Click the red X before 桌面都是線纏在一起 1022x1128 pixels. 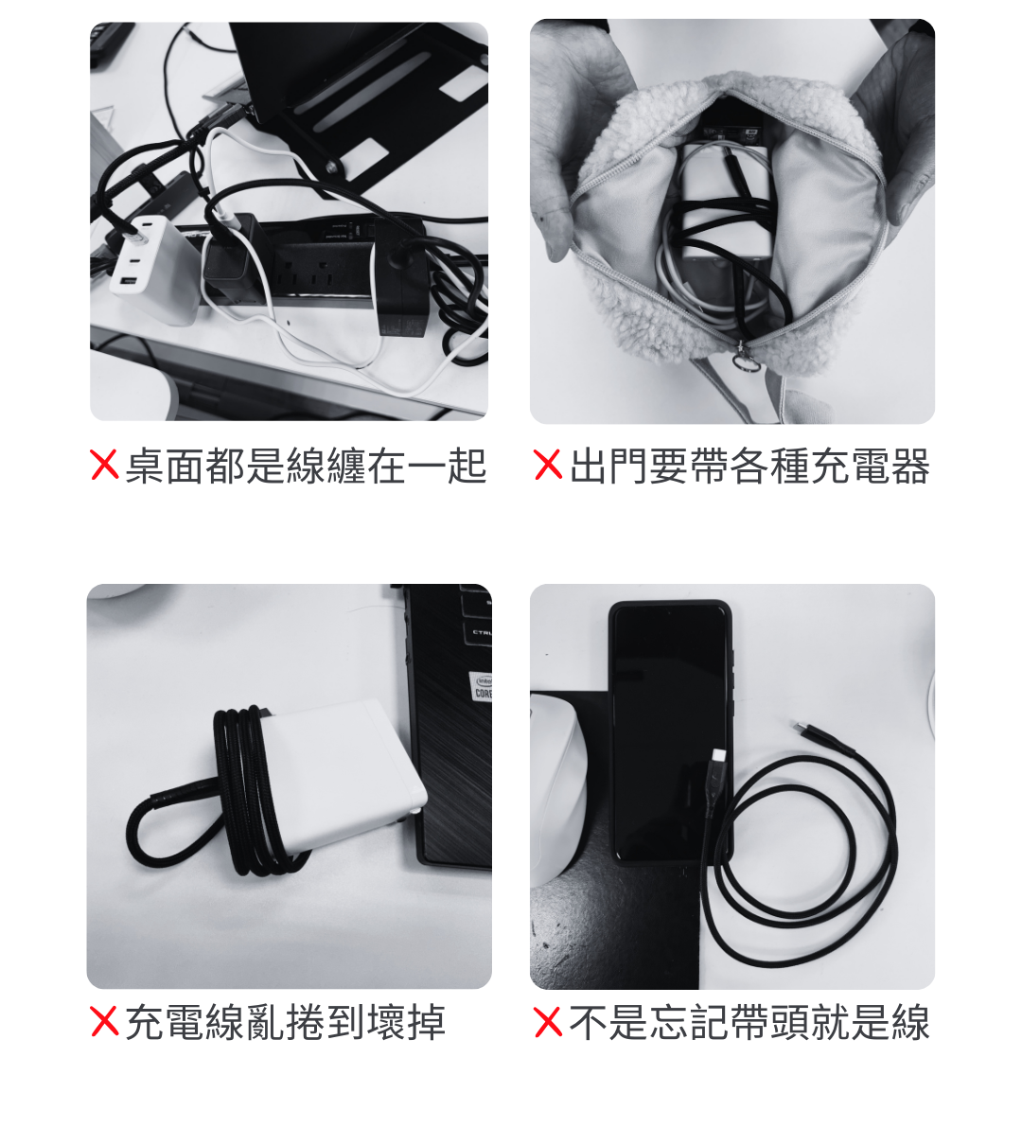(104, 465)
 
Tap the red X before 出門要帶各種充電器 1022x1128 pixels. (548, 465)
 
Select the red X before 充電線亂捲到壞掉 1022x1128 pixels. (104, 1021)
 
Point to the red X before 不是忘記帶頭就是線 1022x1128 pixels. (548, 1021)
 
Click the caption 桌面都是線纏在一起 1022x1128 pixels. (306, 466)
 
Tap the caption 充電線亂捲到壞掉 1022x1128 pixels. (286, 1022)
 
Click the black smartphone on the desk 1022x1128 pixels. (670, 731)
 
